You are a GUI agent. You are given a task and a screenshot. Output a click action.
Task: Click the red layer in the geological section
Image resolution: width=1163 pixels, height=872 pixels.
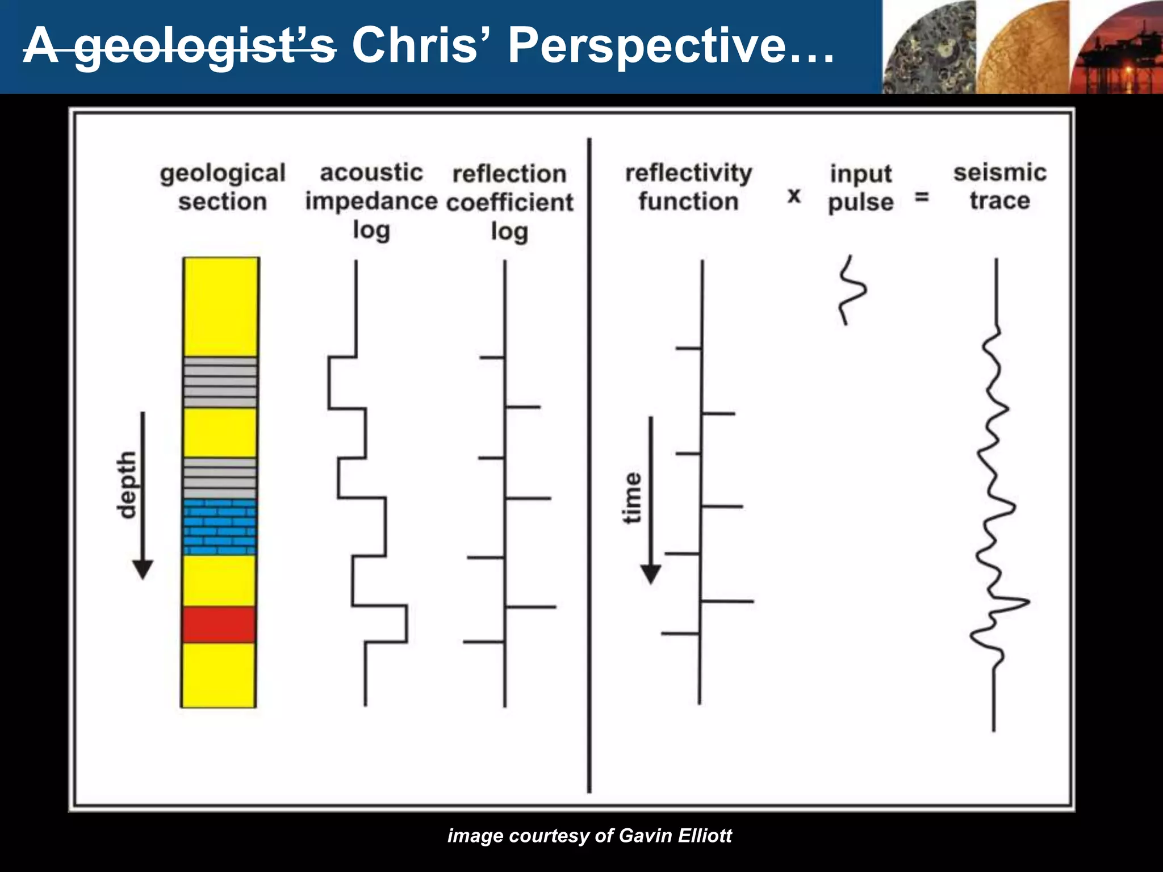[219, 624]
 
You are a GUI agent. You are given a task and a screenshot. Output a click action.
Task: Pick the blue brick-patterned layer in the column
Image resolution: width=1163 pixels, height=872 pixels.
[220, 527]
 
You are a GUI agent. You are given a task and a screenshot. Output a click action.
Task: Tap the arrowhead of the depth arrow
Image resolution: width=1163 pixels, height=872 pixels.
[143, 569]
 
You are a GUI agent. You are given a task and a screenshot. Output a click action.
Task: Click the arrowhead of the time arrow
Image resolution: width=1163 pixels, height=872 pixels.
[651, 574]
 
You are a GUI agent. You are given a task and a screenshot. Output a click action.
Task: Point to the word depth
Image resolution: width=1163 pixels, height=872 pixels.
[127, 485]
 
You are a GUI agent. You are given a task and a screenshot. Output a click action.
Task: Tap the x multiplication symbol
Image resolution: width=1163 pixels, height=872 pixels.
[794, 196]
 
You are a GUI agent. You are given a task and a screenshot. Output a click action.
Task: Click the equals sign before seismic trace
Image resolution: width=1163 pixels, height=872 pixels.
[922, 197]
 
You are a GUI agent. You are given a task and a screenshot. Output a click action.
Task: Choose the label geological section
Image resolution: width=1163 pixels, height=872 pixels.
[223, 187]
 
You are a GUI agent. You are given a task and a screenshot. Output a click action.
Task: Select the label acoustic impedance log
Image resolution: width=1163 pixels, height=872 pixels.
[371, 201]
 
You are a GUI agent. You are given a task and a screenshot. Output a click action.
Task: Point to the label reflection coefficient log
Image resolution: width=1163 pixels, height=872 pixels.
[509, 203]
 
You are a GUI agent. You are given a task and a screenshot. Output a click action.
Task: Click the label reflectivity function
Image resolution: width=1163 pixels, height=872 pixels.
[688, 187]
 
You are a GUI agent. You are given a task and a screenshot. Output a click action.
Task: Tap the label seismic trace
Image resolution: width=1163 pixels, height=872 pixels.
[999, 187]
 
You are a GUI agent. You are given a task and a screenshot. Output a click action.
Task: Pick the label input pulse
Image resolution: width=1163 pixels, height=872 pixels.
[861, 188]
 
